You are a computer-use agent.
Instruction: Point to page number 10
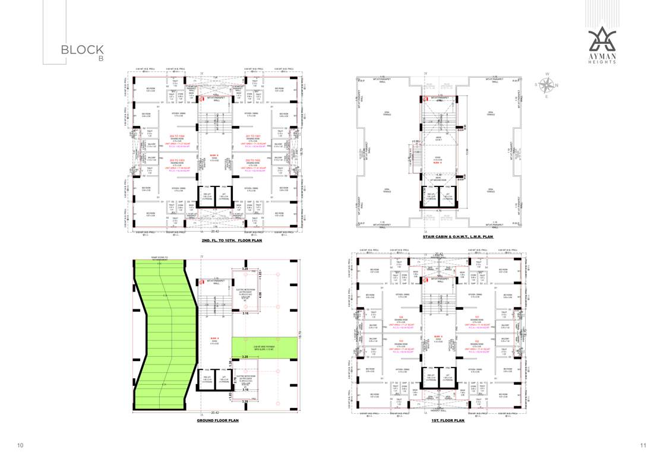coord(20,445)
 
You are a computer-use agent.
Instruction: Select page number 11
coord(643,445)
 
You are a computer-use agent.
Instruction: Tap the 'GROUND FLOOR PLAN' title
coord(217,420)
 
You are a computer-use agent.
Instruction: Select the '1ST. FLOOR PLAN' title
coord(448,420)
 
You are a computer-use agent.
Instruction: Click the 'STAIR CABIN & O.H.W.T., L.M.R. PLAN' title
coord(458,237)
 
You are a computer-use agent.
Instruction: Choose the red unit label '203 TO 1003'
coord(177,160)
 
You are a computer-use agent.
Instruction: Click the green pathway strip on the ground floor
coord(264,348)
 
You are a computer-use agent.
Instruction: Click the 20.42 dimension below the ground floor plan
coord(215,412)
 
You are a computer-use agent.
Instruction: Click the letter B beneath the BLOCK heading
coord(101,60)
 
